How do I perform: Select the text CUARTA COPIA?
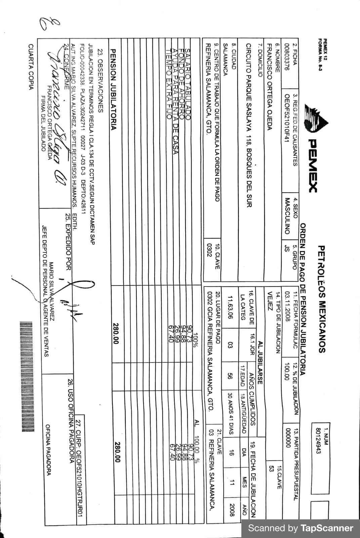pyautogui.click(x=31, y=67)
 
